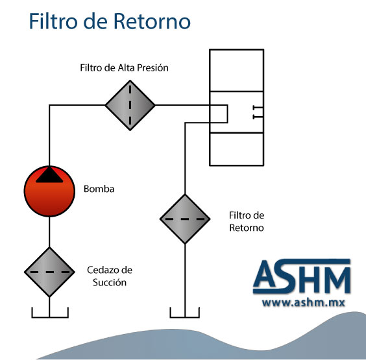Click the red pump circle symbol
click(x=49, y=191)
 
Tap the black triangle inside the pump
click(x=49, y=175)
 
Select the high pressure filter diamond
click(x=130, y=105)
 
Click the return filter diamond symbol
click(x=185, y=219)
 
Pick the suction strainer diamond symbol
click(x=49, y=272)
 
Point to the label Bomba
click(x=99, y=189)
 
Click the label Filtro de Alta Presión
click(x=124, y=67)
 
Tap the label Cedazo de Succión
click(x=110, y=276)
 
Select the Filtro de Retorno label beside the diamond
click(x=247, y=221)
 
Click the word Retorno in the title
click(x=152, y=21)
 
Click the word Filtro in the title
click(x=53, y=21)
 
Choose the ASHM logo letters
click(x=302, y=276)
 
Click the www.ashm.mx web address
click(x=304, y=303)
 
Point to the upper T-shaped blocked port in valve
click(x=258, y=108)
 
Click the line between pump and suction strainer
click(x=49, y=232)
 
